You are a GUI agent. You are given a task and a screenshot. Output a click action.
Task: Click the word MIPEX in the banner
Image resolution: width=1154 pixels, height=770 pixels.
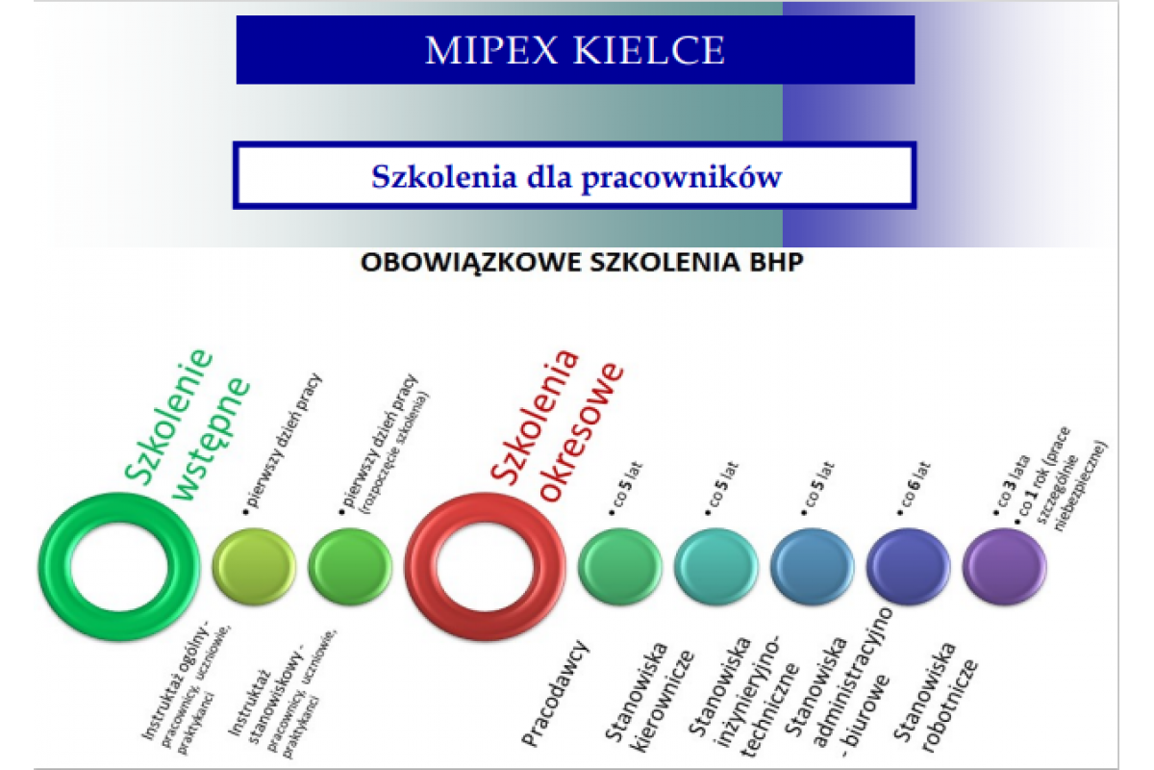[491, 51]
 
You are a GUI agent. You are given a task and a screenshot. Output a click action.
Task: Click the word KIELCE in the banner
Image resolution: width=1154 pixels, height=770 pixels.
[650, 51]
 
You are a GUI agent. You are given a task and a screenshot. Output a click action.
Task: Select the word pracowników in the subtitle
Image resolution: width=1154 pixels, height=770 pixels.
[682, 178]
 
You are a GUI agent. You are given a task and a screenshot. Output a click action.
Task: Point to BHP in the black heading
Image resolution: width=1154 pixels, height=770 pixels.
[776, 262]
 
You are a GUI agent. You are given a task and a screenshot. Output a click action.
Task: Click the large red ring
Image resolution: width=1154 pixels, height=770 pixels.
[420, 567]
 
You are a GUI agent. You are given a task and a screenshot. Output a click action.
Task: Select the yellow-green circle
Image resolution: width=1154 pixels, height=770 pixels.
[254, 566]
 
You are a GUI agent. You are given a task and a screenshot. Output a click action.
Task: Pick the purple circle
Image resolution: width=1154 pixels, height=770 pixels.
[1004, 566]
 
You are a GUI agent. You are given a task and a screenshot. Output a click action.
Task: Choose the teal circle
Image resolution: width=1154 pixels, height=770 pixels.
[715, 566]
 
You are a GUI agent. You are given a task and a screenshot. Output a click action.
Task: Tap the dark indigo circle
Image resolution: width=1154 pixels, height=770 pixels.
[908, 566]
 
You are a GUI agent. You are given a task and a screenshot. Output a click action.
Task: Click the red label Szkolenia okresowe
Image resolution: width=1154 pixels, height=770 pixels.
[557, 425]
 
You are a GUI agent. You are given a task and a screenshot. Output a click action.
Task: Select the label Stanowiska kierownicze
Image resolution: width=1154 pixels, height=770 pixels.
[649, 696]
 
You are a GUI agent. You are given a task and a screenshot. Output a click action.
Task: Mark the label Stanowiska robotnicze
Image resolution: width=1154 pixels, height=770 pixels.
[935, 696]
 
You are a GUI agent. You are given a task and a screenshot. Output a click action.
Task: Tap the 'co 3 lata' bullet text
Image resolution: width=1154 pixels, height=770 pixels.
[1012, 485]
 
